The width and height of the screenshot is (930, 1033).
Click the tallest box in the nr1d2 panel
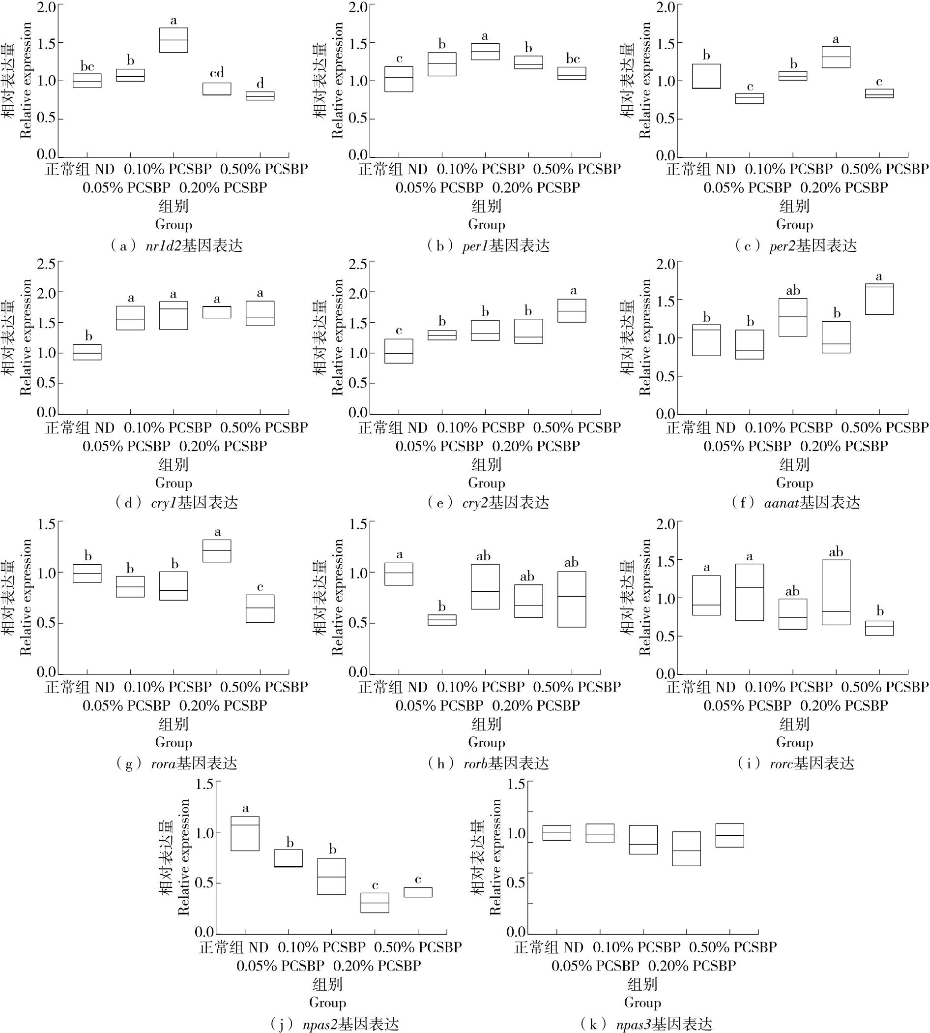(x=173, y=40)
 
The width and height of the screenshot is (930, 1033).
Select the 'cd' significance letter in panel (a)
(x=217, y=73)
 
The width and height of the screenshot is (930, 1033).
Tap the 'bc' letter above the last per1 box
(x=572, y=59)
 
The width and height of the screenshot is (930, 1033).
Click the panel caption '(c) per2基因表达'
(x=795, y=246)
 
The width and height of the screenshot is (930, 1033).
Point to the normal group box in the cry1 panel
(x=87, y=352)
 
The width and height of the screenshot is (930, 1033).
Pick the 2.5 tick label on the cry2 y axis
(x=358, y=264)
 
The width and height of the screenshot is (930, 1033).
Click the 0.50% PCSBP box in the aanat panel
(x=879, y=299)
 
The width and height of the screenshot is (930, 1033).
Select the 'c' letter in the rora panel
(x=260, y=587)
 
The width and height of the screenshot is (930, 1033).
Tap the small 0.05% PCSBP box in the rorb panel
(x=442, y=620)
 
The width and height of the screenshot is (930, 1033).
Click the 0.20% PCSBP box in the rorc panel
(x=836, y=592)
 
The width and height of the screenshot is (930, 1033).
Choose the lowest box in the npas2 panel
(x=375, y=903)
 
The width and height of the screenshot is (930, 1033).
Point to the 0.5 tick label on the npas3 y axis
(x=516, y=882)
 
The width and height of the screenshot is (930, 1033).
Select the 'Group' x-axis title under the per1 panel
(x=487, y=224)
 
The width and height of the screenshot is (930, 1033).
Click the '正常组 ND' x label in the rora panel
(x=80, y=687)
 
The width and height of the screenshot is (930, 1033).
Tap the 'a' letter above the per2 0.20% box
(x=836, y=39)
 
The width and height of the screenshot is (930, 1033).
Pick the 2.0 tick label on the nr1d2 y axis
(x=46, y=7)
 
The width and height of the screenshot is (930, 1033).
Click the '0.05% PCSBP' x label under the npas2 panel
(x=280, y=966)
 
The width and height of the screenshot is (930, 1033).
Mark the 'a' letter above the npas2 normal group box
(x=245, y=809)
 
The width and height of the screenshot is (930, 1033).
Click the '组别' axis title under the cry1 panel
(x=173, y=464)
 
